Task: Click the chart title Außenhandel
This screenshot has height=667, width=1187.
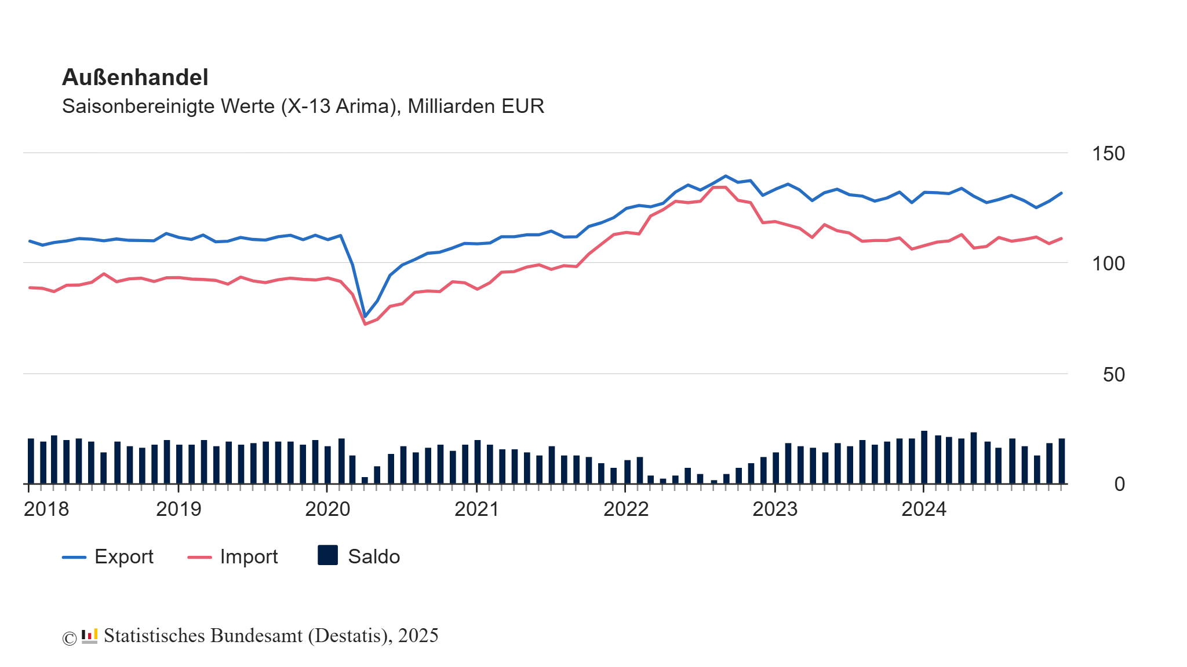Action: coord(134,78)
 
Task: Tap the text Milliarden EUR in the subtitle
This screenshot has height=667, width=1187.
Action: coord(476,107)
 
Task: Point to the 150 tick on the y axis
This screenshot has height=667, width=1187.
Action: coord(1108,154)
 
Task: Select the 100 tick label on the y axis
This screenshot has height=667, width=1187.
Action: coord(1108,264)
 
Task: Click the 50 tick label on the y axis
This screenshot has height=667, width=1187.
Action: coord(1113,375)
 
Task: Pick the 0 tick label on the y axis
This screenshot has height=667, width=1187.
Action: coord(1119,485)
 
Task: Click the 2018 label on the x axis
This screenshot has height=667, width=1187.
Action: coord(46,510)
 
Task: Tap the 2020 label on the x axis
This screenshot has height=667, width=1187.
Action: coord(327,510)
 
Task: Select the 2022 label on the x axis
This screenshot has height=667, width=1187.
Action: coord(626,510)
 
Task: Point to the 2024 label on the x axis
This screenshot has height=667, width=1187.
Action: coord(924,510)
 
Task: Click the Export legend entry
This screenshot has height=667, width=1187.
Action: coord(108,557)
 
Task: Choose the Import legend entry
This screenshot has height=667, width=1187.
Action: coord(233,557)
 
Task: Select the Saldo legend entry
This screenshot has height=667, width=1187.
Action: coord(359,556)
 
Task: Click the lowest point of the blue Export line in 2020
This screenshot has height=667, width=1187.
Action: coord(365,317)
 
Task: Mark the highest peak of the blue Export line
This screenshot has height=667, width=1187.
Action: coord(726,176)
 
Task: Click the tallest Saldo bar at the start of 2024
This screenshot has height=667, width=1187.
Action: coord(924,457)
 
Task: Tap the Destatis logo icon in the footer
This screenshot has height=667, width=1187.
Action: coord(89,636)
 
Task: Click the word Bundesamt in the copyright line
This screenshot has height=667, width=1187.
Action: coord(256,636)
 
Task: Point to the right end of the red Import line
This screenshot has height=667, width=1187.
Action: coord(1061,239)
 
